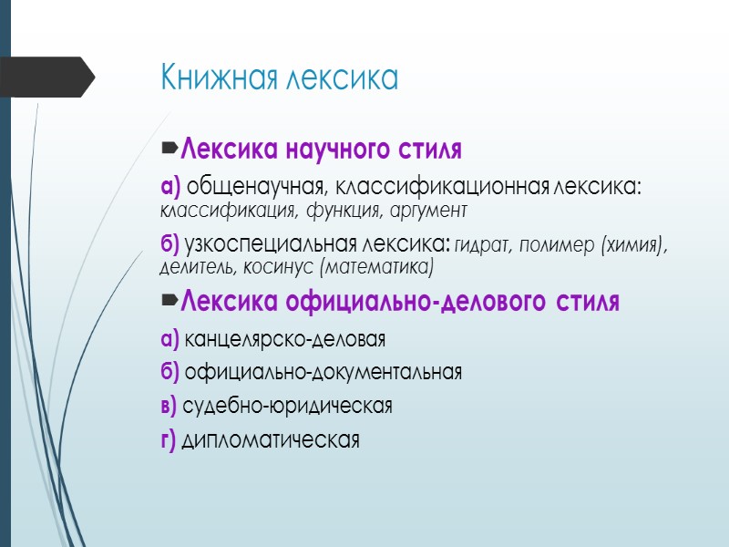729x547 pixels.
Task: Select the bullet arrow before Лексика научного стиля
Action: point(169,146)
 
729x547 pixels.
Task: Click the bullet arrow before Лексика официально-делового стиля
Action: point(169,300)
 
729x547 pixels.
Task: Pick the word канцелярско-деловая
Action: point(285,340)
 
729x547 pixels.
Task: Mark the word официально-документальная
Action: point(323,373)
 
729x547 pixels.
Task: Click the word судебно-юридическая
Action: point(288,407)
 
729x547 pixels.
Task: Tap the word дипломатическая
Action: point(272,440)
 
